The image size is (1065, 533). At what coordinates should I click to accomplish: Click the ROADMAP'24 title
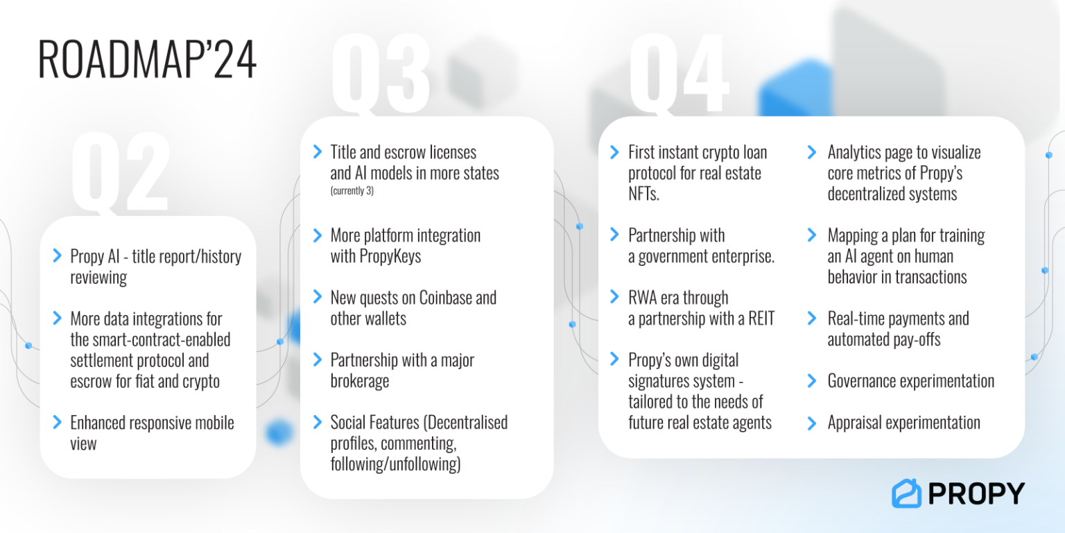(147, 59)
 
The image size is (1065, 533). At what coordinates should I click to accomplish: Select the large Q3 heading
(381, 73)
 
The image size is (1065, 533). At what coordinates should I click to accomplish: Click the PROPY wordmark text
(976, 493)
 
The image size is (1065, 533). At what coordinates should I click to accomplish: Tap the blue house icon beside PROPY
(906, 493)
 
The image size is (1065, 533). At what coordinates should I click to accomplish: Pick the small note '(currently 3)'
(352, 191)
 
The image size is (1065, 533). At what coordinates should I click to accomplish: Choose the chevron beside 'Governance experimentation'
(812, 381)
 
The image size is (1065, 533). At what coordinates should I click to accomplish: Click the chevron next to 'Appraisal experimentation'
(812, 423)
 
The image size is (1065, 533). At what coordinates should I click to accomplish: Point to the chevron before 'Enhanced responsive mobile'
(57, 423)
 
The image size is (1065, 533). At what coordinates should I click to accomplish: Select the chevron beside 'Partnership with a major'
(318, 360)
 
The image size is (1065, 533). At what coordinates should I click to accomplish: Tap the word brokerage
(359, 381)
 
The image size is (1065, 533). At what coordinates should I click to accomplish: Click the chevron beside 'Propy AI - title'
(57, 256)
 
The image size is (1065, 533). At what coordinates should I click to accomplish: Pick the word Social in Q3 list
(349, 422)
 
